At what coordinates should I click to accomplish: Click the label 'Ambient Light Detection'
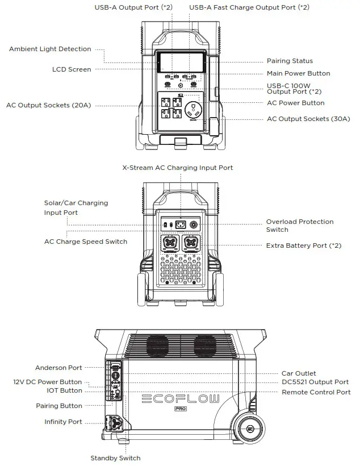click(50, 49)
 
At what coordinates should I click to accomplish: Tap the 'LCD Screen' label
click(72, 69)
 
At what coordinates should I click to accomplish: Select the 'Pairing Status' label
click(290, 61)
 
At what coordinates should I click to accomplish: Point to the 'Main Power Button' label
click(298, 73)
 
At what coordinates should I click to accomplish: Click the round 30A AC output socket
click(195, 107)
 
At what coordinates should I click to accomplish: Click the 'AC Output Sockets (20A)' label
click(48, 105)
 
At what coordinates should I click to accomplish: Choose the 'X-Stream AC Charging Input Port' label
click(177, 168)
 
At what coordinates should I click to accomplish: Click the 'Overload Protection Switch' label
click(299, 226)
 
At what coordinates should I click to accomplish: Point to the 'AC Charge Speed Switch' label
click(86, 242)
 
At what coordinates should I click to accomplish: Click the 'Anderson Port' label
click(58, 368)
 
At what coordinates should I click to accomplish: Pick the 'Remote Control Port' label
click(316, 392)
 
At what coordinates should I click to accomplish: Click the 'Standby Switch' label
click(115, 458)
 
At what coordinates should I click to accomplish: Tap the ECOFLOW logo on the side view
click(179, 398)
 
